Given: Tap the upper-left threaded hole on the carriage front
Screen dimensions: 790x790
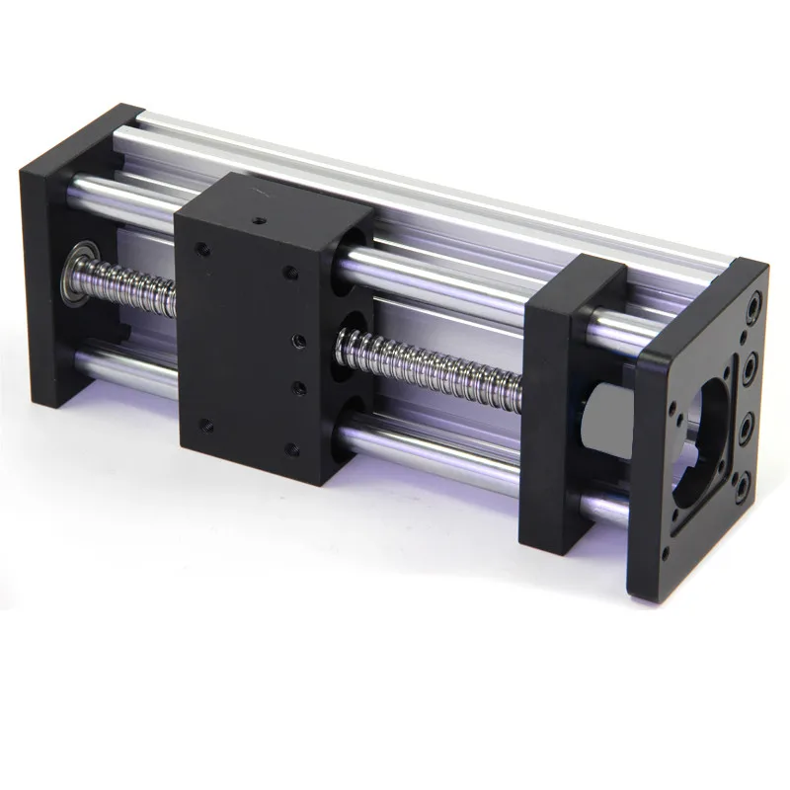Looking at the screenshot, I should (202, 249).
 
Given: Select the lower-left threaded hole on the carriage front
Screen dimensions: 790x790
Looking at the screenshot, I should (205, 426).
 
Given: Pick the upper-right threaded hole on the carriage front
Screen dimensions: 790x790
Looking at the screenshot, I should (289, 270).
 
